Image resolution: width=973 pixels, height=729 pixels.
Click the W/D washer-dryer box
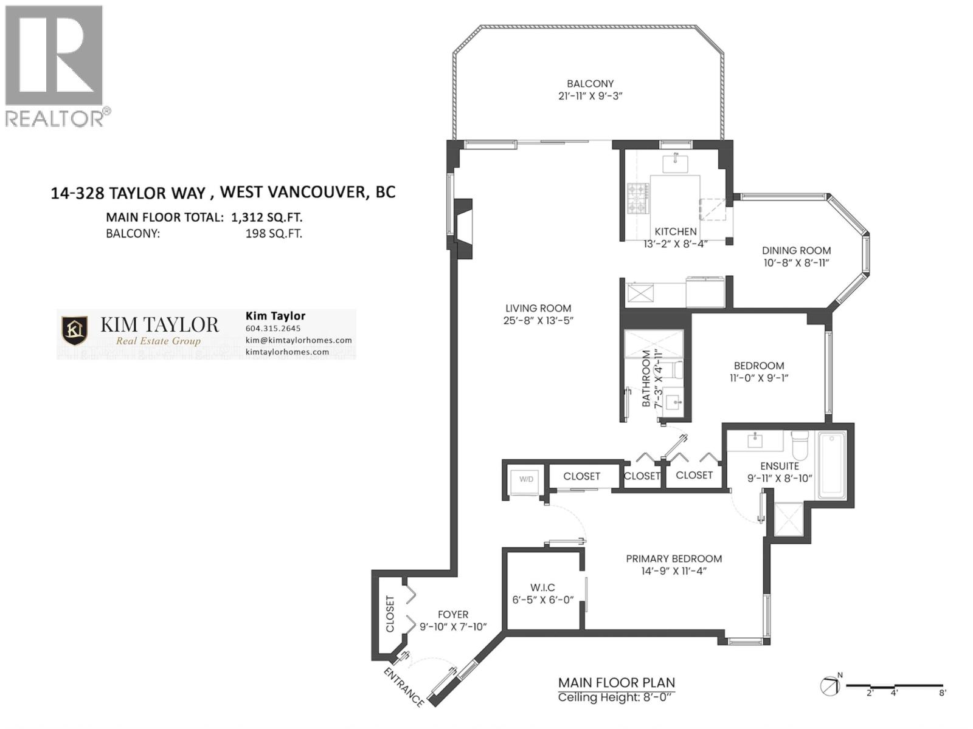[525, 480]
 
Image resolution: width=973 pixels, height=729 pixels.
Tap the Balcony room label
[589, 84]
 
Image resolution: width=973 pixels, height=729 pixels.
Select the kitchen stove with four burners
[638, 199]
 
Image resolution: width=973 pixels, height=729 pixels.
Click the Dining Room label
[796, 250]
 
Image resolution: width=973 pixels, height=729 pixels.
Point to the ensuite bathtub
[831, 465]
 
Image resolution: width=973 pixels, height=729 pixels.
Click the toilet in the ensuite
[798, 445]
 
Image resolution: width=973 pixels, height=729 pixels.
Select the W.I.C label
[542, 587]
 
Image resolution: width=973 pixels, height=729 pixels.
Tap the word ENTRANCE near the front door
[403, 687]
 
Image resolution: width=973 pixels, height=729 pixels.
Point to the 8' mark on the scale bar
[942, 693]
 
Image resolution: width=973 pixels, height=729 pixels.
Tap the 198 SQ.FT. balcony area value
[274, 234]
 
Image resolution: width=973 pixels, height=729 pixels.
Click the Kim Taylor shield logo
[75, 330]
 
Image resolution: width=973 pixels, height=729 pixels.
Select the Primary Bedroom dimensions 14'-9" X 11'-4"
[674, 571]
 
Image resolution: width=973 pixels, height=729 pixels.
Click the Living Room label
[538, 308]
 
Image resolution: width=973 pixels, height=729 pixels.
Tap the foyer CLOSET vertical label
[390, 614]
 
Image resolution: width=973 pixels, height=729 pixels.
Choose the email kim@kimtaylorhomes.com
[298, 340]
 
